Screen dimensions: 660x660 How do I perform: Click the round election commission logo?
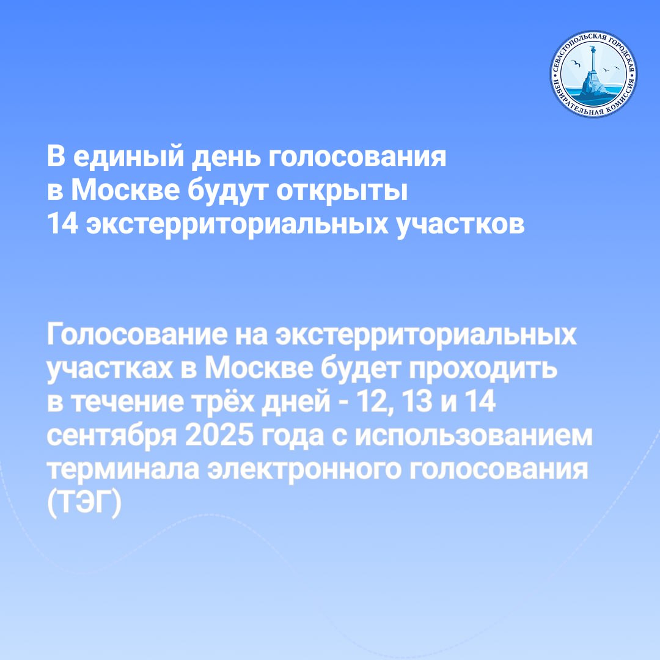click(x=593, y=74)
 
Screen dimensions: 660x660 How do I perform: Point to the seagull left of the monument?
click(x=576, y=64)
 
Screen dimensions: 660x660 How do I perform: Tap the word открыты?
click(x=342, y=191)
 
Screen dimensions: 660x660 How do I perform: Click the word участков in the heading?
click(x=461, y=224)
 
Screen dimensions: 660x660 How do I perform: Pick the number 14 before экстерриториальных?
click(x=63, y=223)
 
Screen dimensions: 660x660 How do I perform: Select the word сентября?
click(x=112, y=436)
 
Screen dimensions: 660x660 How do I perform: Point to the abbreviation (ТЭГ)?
click(x=84, y=503)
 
